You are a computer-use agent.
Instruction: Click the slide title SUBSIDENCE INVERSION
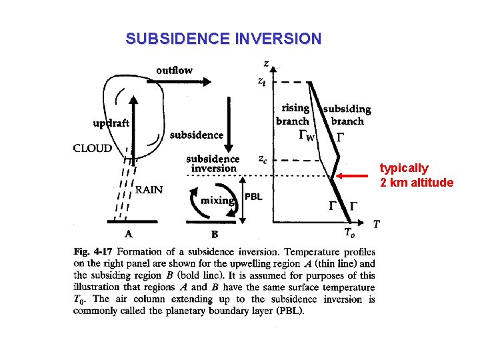point(223,39)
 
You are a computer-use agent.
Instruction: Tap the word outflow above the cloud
point(175,70)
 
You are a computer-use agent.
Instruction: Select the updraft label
point(111,123)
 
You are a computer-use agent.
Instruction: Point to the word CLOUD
point(93,148)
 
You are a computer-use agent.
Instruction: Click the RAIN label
point(149,189)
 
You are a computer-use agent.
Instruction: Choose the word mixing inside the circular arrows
point(217,200)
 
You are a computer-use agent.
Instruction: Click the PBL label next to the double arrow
point(253,197)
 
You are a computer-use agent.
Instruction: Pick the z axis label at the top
point(266,63)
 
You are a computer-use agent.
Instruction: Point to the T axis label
point(377,224)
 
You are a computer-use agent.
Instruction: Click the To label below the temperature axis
point(349,233)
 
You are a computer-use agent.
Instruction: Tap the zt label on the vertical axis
point(264,81)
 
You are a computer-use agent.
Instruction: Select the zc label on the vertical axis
point(264,159)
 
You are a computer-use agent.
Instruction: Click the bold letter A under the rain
point(129,234)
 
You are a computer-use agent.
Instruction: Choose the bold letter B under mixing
point(214,234)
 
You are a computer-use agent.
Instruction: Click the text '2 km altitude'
point(417,183)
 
